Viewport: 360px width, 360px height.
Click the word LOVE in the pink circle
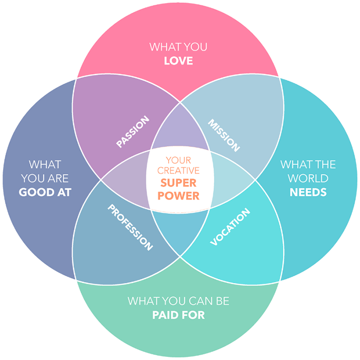pos(178,61)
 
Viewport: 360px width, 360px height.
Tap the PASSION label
pos(133,132)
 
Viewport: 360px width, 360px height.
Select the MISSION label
pos(224,135)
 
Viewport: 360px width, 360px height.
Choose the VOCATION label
pos(230,227)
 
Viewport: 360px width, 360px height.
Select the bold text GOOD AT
pos(45,192)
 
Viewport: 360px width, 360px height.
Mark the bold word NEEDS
pos(308,192)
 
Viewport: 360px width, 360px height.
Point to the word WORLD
pos(308,179)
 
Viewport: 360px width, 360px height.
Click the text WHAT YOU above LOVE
pos(178,47)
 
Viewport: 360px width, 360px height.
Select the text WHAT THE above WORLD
pos(308,165)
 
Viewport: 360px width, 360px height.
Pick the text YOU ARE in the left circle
pos(45,179)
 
